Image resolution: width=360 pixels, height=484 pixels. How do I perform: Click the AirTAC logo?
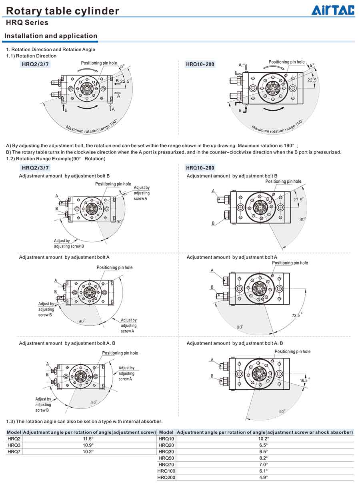coord(333,10)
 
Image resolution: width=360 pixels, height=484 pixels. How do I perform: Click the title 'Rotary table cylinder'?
coord(62,11)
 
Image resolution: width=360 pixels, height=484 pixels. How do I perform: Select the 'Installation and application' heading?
coord(51,36)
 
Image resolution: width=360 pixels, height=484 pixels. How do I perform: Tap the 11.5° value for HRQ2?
coord(88,438)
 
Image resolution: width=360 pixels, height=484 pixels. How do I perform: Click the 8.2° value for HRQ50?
coord(264,458)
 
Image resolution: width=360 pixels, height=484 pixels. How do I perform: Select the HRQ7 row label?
coord(14,452)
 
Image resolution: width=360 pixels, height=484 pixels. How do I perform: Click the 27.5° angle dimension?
coord(298,200)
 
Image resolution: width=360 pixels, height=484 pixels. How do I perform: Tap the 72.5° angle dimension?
coord(297,315)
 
